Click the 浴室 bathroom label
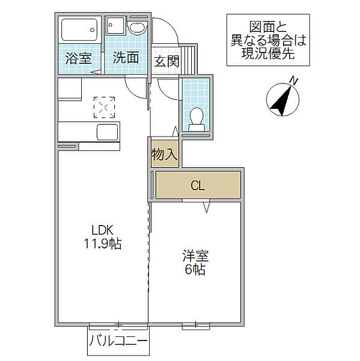79,58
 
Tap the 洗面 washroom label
126,58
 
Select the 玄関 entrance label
166,61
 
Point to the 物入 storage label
165,154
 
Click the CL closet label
198,185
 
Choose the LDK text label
102,230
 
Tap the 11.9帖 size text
103,244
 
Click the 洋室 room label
195,256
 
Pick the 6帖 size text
195,270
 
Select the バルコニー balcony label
118,341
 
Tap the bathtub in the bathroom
79,30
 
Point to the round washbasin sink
138,28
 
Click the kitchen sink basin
108,132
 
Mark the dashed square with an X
104,107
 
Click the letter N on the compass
294,81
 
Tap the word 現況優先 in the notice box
268,53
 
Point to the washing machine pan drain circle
111,25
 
